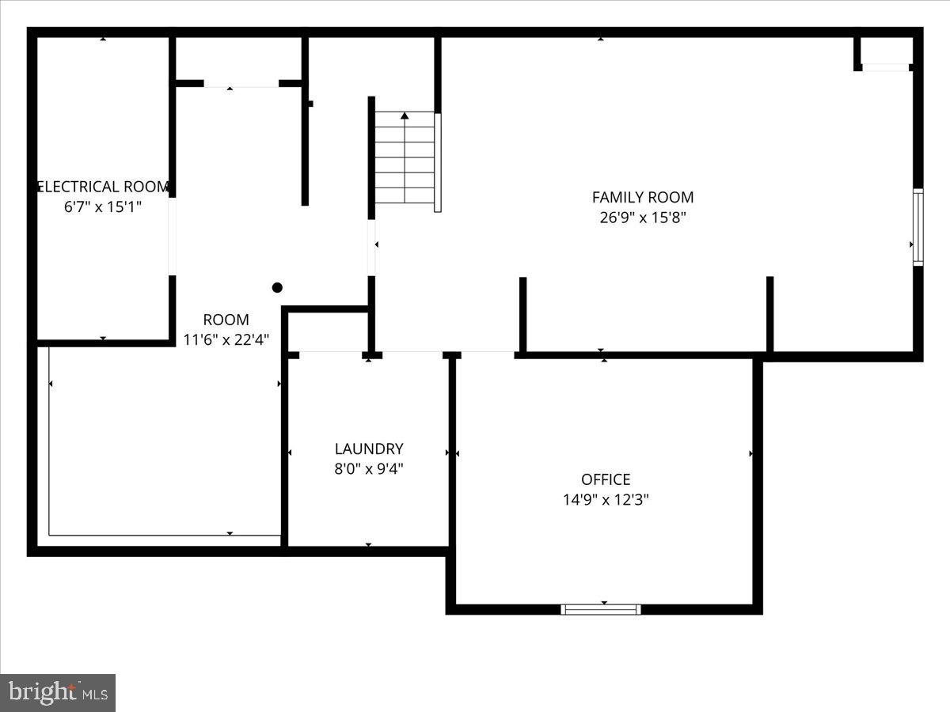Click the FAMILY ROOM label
(x=643, y=197)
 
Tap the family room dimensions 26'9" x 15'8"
(x=643, y=218)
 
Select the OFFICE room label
(x=606, y=479)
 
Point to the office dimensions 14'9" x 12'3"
(x=606, y=500)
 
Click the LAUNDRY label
(x=369, y=449)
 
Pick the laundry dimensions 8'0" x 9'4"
(x=369, y=468)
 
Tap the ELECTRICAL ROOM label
(x=104, y=187)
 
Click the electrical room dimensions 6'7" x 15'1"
(x=104, y=207)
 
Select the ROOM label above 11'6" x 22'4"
(x=226, y=320)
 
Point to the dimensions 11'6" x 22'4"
(x=226, y=340)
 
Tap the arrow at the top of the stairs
(x=405, y=116)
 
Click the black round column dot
(x=277, y=288)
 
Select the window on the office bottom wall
(x=601, y=609)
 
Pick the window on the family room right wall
(x=918, y=227)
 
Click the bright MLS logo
(x=58, y=692)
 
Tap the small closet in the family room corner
(x=885, y=51)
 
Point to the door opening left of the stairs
(x=371, y=248)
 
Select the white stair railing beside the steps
(x=438, y=162)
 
